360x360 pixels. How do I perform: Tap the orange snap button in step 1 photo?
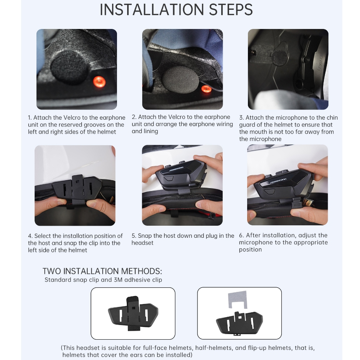point(99,82)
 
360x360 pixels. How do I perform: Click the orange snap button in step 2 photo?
point(206,89)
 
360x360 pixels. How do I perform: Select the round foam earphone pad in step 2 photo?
point(180,80)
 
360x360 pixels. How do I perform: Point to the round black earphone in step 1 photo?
point(69,67)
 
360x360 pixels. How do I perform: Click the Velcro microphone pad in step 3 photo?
point(280,56)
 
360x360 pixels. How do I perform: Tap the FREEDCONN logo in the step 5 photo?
point(176,169)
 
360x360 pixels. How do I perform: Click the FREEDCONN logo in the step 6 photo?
point(278,181)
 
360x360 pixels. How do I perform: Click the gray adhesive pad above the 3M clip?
point(238,299)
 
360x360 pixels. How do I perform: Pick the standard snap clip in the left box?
point(133,313)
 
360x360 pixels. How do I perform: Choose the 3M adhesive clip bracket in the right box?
point(240,323)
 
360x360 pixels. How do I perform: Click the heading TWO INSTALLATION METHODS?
point(102,271)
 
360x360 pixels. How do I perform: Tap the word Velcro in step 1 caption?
point(72,117)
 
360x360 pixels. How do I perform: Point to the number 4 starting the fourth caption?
point(30,236)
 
